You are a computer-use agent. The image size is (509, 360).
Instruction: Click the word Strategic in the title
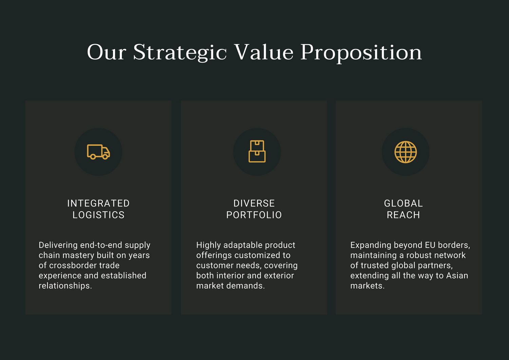(180, 53)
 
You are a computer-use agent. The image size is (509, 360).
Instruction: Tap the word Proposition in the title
(361, 53)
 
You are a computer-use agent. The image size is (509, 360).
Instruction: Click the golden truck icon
(98, 152)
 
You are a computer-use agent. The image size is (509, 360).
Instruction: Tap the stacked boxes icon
(257, 151)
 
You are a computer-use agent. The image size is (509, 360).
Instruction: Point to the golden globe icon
(406, 152)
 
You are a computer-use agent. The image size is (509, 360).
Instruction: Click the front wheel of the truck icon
(105, 157)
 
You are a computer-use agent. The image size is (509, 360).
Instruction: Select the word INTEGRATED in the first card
(98, 203)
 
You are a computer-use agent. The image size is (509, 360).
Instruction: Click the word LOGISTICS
(98, 215)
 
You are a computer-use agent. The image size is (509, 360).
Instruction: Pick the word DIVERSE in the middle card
(254, 203)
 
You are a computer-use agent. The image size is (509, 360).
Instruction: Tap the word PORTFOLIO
(254, 215)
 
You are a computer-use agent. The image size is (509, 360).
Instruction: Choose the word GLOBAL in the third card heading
(403, 203)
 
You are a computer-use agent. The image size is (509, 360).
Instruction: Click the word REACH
(403, 215)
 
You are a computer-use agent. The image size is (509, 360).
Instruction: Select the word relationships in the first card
(65, 286)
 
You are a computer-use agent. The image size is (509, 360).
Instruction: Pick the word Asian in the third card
(457, 276)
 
